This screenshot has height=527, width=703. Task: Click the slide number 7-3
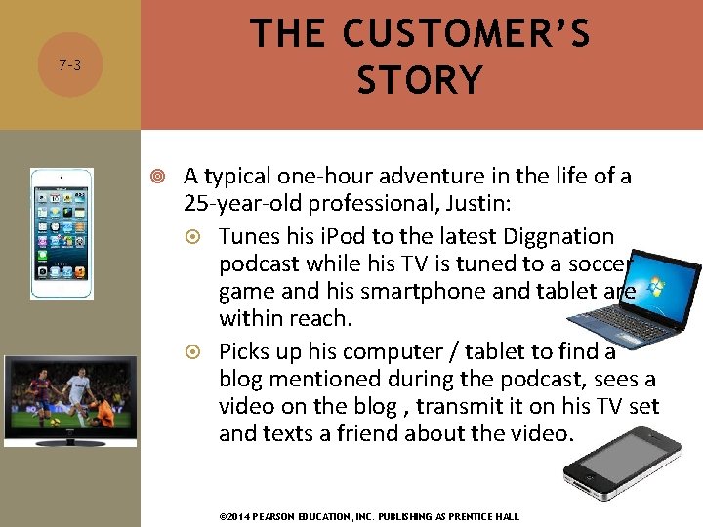point(68,66)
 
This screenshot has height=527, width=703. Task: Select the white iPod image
point(62,233)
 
